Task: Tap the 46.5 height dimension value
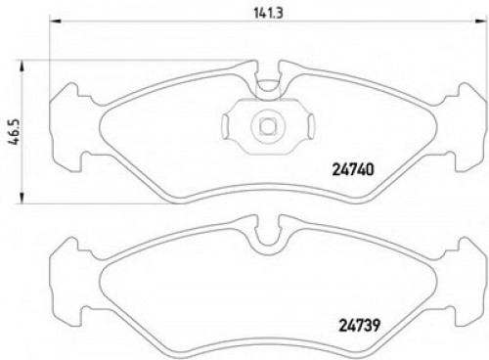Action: pos(14,129)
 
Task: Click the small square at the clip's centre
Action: pos(265,124)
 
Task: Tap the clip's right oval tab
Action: pos(303,124)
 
